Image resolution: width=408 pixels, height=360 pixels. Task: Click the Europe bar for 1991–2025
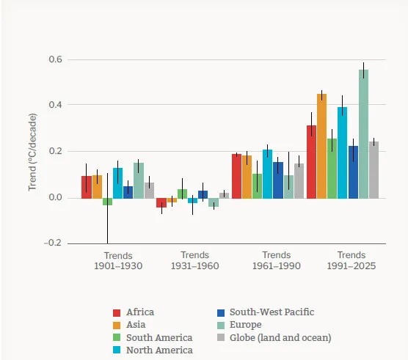pos(363,134)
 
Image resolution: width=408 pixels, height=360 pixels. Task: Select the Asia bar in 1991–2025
pos(321,146)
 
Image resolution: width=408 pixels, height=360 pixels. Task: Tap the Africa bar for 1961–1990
pos(236,176)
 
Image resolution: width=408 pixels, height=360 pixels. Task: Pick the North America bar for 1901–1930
pos(117,183)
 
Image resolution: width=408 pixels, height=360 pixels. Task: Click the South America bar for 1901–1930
pos(107,202)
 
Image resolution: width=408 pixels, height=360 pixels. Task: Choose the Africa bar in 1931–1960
pos(161,203)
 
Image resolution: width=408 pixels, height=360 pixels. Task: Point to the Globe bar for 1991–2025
pos(374,170)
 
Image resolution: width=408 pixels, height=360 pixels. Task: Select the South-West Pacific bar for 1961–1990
pos(278,180)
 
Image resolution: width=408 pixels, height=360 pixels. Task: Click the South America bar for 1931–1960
pos(183,194)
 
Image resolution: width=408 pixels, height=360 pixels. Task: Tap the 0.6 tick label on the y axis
pos(56,59)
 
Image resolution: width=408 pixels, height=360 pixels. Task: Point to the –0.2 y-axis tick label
pos(53,243)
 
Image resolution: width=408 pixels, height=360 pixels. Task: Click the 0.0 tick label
pos(56,197)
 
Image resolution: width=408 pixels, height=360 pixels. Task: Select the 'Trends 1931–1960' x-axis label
pos(195,260)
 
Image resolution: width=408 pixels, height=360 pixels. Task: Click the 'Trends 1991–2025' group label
pos(351,260)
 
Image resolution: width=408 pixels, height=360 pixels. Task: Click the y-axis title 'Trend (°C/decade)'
pos(33,152)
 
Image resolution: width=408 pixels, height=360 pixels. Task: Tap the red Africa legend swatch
pos(117,312)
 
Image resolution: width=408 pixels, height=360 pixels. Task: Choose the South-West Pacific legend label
pos(272,312)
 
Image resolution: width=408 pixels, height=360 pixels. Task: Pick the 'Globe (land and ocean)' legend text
pos(280,338)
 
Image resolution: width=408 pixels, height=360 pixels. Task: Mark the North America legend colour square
pos(117,350)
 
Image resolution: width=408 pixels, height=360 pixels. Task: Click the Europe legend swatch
pos(221,325)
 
